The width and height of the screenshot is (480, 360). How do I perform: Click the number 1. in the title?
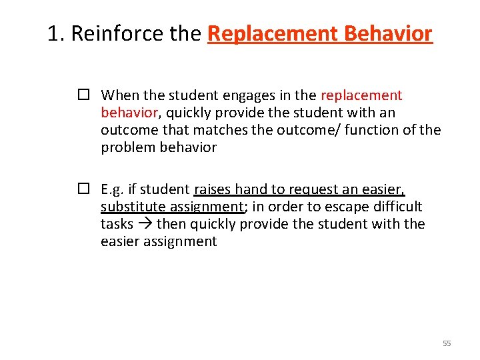(x=56, y=33)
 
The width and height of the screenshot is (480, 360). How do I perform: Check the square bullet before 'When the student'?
(x=83, y=95)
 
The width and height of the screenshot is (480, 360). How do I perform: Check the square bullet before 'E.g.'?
(x=83, y=189)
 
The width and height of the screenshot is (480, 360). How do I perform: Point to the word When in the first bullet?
(x=118, y=95)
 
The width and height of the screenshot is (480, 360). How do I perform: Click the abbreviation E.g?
(x=113, y=189)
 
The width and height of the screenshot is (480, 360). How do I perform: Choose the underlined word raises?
(x=213, y=189)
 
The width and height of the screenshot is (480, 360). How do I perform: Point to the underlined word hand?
(x=253, y=189)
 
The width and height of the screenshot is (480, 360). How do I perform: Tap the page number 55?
(x=447, y=343)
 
